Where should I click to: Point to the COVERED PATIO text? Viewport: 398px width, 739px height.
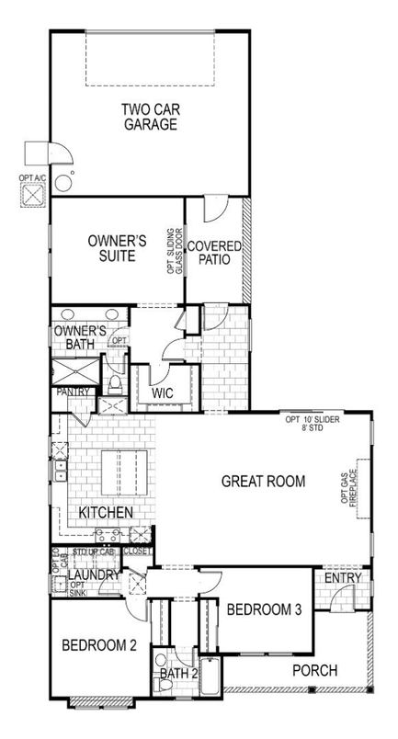tap(214, 254)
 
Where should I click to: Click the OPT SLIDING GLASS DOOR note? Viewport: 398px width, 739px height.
tap(175, 252)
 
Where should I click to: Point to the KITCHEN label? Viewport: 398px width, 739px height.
tap(106, 512)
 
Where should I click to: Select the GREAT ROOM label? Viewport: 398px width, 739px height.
tap(263, 481)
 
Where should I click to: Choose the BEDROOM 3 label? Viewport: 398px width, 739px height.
tap(264, 609)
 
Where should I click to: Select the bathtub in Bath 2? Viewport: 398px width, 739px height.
tap(210, 675)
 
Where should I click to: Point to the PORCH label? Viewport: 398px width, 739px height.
tap(314, 670)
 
